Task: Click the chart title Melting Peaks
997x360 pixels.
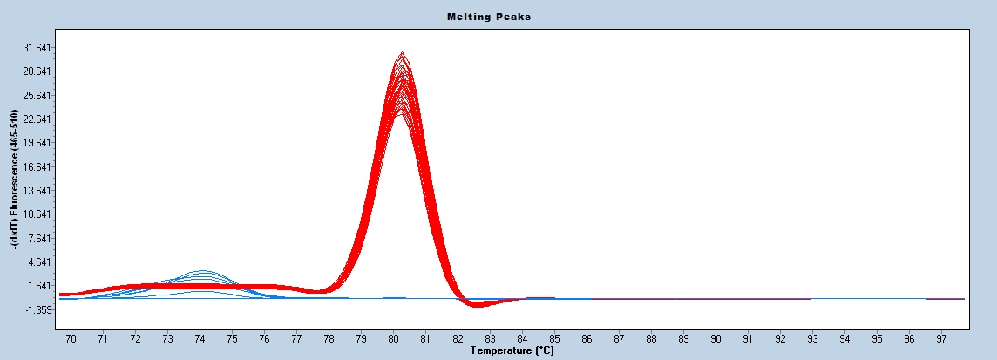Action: click(x=488, y=17)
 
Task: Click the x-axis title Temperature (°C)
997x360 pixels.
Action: click(x=512, y=350)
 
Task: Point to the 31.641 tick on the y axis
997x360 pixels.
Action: click(x=37, y=47)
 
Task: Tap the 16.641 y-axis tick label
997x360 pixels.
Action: click(x=37, y=166)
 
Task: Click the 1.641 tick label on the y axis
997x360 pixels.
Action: click(x=40, y=286)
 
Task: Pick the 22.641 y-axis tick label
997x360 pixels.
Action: click(x=37, y=119)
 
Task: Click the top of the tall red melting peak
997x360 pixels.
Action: click(x=402, y=54)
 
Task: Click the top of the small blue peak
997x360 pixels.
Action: click(x=202, y=271)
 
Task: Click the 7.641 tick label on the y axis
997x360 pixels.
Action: click(x=40, y=238)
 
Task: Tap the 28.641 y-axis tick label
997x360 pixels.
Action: click(x=37, y=71)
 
